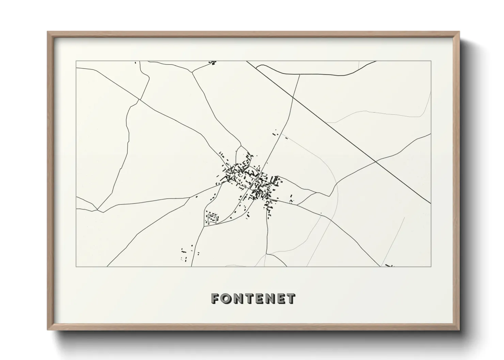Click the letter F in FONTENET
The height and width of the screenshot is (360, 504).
coord(215,298)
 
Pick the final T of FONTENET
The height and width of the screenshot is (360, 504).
coord(290,298)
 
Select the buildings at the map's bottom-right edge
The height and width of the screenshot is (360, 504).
coord(389,265)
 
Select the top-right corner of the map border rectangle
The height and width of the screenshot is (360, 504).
coord(431,61)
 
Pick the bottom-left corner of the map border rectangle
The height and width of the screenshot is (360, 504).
coord(76,266)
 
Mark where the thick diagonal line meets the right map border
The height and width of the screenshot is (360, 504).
coord(430,203)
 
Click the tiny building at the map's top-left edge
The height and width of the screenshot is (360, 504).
coord(136,62)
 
